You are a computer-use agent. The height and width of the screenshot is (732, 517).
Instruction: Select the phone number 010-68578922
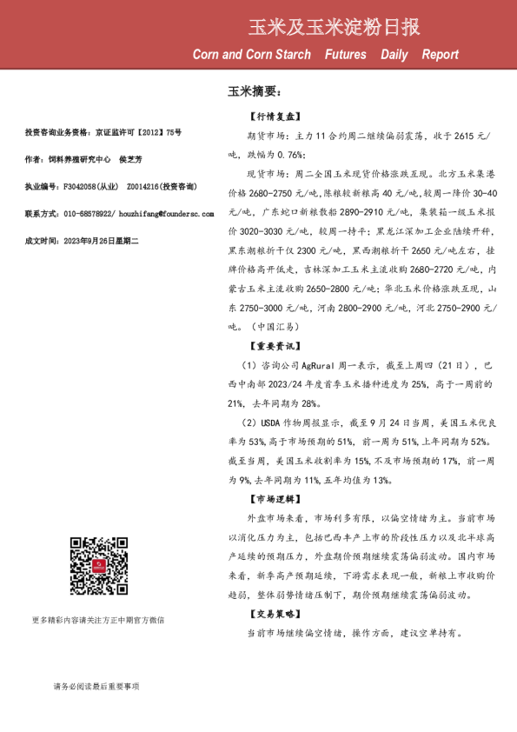coord(87,213)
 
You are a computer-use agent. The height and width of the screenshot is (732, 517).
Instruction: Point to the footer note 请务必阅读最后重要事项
coord(96,687)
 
